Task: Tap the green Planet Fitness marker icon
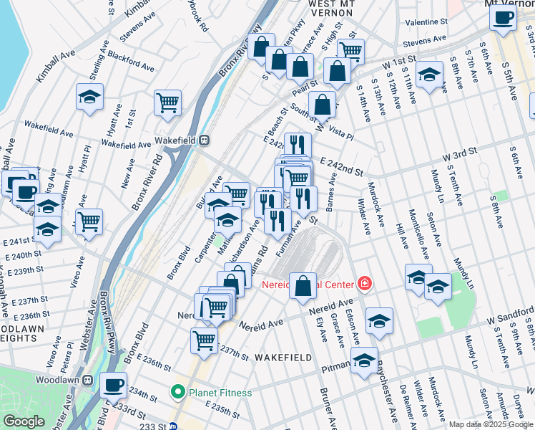coord(178,393)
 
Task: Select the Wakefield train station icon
coord(205,140)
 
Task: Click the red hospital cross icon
coord(365,284)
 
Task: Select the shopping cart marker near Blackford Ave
coord(167,102)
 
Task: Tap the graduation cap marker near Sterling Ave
coord(90,97)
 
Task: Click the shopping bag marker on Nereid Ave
coord(303,286)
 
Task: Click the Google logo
coord(24,421)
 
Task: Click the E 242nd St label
coord(341,167)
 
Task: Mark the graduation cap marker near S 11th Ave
coord(429,75)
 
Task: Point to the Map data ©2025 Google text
coord(491,424)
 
